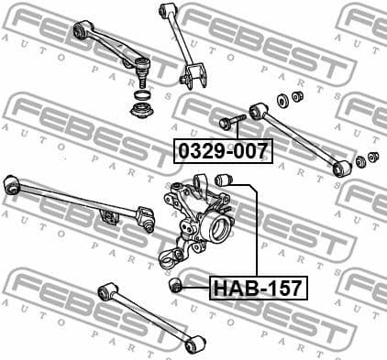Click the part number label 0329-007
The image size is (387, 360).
(223, 150)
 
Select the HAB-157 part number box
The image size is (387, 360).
(258, 289)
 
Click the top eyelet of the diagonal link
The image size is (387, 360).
(165, 11)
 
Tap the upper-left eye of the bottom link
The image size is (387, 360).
(105, 292)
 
